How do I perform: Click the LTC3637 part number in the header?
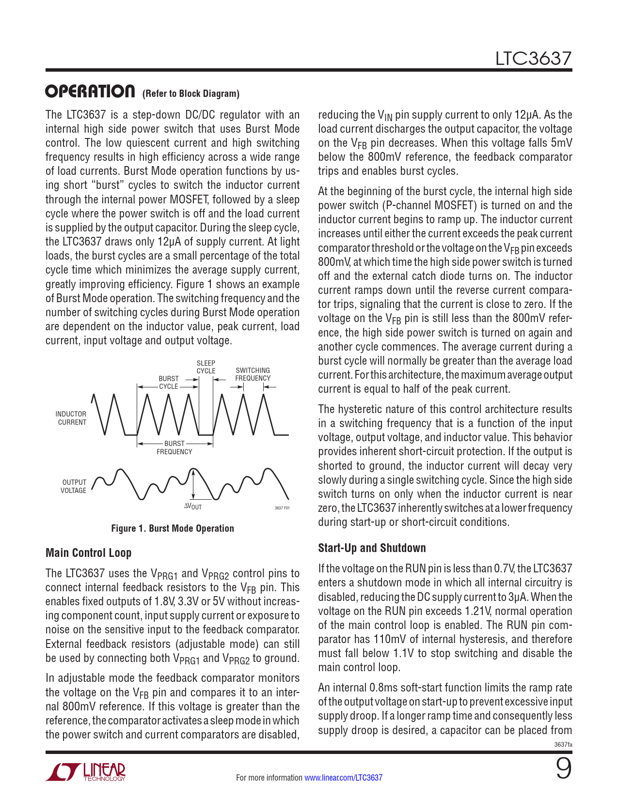(x=533, y=59)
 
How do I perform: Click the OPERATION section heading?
(x=90, y=92)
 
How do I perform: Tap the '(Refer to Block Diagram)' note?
(x=191, y=94)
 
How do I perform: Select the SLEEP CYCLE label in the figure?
(x=206, y=367)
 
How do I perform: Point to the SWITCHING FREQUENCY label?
(x=253, y=374)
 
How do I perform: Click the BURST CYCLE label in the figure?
(x=169, y=382)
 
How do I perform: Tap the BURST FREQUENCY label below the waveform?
(x=174, y=447)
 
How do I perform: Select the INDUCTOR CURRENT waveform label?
(x=71, y=418)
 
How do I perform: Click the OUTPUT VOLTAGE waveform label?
(x=74, y=486)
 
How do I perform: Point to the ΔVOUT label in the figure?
(x=193, y=507)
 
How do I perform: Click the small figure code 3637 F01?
(x=282, y=508)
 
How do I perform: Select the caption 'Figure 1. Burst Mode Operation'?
(x=173, y=528)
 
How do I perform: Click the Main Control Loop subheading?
(x=88, y=553)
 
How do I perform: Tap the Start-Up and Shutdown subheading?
(x=372, y=548)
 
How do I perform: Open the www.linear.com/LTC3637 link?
(x=343, y=778)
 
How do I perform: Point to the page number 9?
(x=563, y=769)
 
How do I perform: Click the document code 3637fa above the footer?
(x=563, y=744)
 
